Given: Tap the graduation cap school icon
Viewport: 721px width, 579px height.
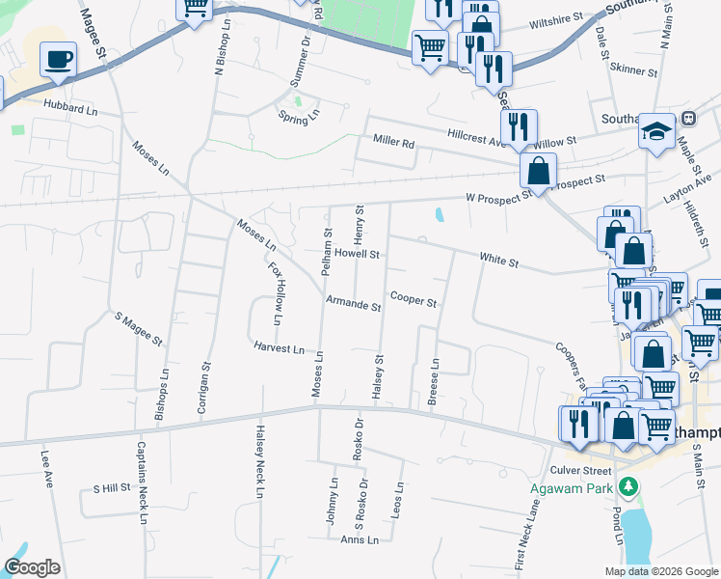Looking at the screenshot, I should coord(656,132).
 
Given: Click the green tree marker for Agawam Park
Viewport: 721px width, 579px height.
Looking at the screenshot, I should coord(629,486).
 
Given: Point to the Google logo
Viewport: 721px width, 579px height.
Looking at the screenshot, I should coord(32,567).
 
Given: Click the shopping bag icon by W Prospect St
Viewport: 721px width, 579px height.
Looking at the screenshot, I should coord(538,172).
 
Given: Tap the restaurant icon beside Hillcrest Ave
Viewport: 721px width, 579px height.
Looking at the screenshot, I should coord(519,125).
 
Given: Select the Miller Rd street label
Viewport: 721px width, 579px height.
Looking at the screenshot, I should coord(393,143).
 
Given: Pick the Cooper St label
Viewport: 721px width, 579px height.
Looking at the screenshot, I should coord(414,299).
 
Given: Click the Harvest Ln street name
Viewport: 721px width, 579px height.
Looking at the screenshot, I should coord(280,347).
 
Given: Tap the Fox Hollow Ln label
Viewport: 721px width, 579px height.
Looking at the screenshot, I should coord(275,293).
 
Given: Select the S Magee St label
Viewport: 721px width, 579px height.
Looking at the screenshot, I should coord(139,329).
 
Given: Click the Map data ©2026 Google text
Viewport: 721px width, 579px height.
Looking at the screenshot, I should coord(660,571).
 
